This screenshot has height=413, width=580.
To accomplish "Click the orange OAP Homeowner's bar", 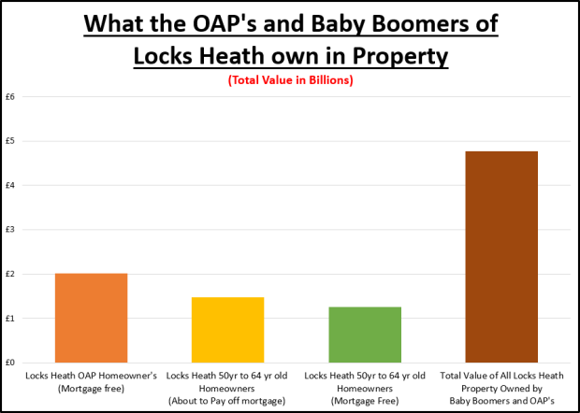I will pyautogui.click(x=91, y=318).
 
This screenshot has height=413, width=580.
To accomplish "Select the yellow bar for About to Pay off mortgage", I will pyautogui.click(x=228, y=330).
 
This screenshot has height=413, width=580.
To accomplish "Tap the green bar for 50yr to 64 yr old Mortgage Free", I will pyautogui.click(x=365, y=335).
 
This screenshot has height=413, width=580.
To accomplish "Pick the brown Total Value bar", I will pyautogui.click(x=501, y=257).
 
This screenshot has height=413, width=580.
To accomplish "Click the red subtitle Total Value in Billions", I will pyautogui.click(x=289, y=81).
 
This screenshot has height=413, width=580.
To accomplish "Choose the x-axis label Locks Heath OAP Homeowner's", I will pyautogui.click(x=91, y=375).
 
